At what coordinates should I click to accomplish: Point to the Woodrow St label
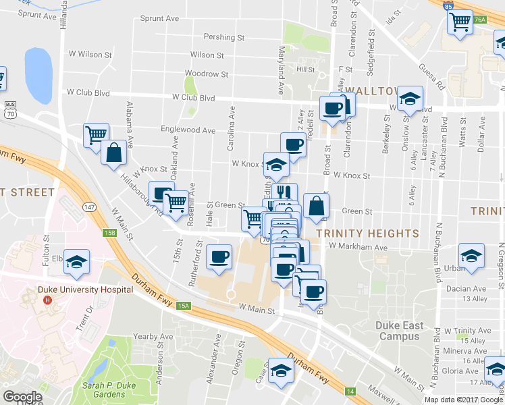click(207, 74)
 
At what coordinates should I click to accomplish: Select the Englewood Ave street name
click(188, 130)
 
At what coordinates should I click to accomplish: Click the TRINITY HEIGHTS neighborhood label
click(367, 234)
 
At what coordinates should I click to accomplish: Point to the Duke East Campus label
click(400, 331)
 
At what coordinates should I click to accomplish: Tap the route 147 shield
click(90, 206)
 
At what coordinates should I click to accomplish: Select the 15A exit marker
click(184, 306)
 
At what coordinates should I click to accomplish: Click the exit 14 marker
click(350, 391)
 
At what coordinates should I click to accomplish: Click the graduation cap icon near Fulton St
click(77, 261)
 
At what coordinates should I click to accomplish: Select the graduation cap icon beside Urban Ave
click(471, 256)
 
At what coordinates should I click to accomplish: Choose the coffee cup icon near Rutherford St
click(218, 257)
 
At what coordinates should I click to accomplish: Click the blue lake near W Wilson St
click(38, 75)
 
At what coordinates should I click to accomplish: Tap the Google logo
click(22, 396)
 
